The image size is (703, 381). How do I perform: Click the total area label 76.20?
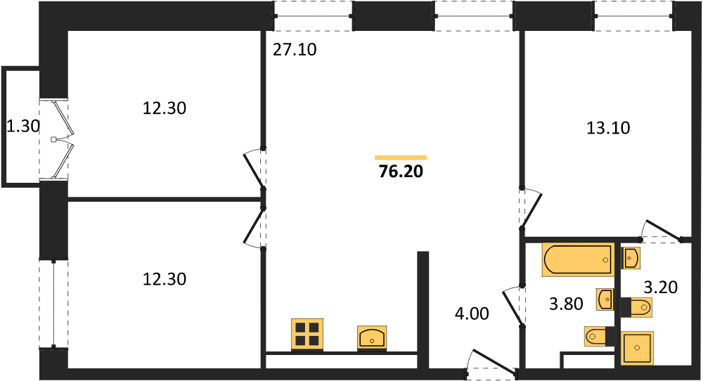[401, 172]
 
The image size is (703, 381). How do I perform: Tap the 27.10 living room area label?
[295, 50]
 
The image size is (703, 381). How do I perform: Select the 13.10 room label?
[608, 128]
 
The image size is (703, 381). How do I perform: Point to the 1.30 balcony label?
[23, 127]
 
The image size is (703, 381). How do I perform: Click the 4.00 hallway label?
[472, 314]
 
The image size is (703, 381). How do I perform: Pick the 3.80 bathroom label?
[566, 304]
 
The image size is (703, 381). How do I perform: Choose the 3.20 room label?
[660, 287]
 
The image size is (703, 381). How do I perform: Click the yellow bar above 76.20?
[401, 157]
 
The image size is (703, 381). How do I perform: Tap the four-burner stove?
[307, 335]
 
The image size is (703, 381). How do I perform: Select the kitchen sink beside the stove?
[372, 337]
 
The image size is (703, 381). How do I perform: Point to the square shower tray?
[637, 347]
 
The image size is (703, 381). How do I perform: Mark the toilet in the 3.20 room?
[636, 307]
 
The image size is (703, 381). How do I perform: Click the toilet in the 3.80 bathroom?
[600, 336]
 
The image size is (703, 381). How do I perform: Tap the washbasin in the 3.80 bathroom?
[605, 299]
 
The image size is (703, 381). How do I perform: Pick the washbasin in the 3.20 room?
[631, 258]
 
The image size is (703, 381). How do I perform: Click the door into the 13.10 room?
[531, 209]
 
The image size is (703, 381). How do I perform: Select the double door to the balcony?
[62, 140]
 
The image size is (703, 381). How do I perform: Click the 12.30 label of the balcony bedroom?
[165, 108]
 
